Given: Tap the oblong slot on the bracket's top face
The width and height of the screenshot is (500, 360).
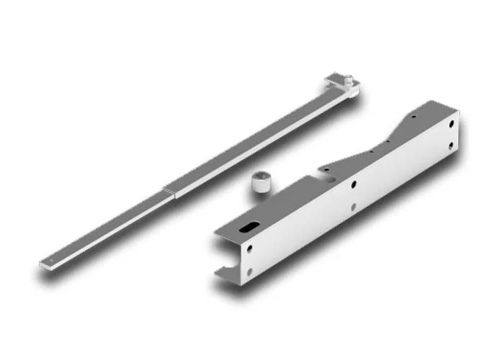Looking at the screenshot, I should (x=248, y=228).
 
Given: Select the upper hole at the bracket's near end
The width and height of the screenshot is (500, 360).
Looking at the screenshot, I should (x=249, y=248).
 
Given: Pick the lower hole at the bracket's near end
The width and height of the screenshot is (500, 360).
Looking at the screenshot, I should (x=249, y=272).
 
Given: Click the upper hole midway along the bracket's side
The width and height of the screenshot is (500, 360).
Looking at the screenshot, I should (x=353, y=184).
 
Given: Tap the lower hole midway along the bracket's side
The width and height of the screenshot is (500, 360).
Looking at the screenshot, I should (x=353, y=209).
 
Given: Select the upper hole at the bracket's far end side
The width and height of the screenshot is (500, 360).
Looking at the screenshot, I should (x=451, y=123).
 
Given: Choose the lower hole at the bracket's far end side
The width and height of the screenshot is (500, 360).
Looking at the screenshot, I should (x=452, y=146).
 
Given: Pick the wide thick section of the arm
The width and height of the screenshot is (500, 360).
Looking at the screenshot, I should (x=252, y=140).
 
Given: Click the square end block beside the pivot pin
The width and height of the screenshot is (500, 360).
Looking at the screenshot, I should (x=334, y=80).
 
